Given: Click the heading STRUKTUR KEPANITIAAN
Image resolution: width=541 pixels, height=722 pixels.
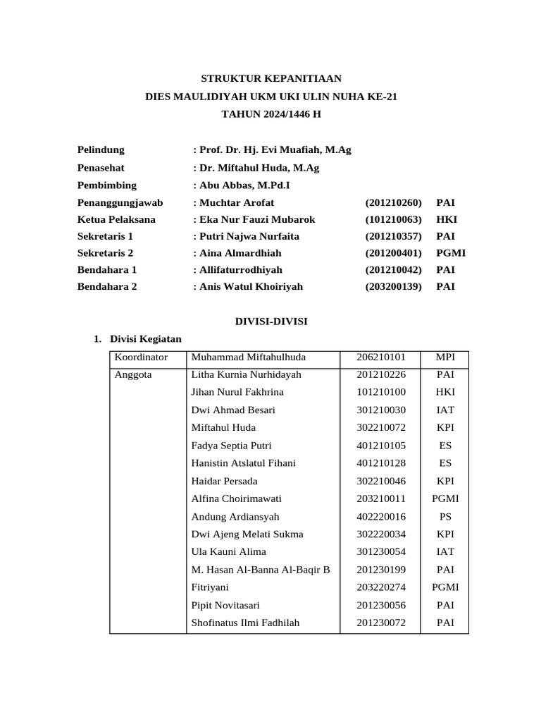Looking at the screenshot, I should (x=271, y=78).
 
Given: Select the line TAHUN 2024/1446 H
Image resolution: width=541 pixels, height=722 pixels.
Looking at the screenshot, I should (x=271, y=114).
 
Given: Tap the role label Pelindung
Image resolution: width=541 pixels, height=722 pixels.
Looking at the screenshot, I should (x=101, y=149).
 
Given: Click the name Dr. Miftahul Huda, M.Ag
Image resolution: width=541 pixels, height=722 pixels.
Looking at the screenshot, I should (x=259, y=168).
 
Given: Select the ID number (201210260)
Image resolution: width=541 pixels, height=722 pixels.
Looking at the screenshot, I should (x=393, y=202).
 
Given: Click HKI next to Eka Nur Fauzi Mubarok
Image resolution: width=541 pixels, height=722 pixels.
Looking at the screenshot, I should (x=447, y=219).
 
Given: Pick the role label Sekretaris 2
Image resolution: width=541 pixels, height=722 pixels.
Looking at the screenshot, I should (x=105, y=252).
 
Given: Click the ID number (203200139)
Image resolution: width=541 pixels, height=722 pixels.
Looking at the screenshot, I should (x=393, y=286).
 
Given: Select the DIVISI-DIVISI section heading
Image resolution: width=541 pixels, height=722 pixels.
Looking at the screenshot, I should (x=271, y=322).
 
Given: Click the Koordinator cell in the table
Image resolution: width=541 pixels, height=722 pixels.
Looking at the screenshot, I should (x=141, y=357).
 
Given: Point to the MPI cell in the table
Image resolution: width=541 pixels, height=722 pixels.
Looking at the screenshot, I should (x=445, y=357).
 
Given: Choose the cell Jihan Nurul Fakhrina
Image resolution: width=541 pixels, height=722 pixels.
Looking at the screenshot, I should (x=237, y=392).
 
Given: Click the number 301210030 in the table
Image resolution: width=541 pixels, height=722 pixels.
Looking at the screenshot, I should (x=380, y=410).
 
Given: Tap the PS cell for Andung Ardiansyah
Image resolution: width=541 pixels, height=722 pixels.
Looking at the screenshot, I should (x=445, y=516).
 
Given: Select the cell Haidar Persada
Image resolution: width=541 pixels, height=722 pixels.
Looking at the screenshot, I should (x=224, y=481).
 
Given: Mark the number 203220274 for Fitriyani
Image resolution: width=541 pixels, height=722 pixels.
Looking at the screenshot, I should (x=380, y=587).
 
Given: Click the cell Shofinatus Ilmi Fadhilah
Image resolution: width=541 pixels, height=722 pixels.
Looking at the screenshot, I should (x=245, y=623).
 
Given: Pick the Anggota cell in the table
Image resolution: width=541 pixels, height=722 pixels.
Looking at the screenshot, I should (x=133, y=375).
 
